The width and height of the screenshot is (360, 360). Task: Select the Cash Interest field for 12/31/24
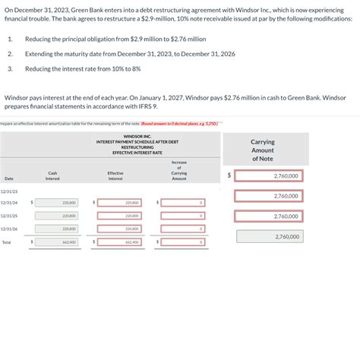58,203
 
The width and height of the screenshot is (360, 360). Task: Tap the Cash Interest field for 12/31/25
58,216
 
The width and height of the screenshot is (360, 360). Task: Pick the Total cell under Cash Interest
58,242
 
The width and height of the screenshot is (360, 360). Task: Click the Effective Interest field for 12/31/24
122,203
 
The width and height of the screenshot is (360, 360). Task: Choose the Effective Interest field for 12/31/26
122,229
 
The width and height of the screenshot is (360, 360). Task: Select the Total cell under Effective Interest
122,242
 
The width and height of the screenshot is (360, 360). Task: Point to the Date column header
9,178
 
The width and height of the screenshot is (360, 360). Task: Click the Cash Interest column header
52,175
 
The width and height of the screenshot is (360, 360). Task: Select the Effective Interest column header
115,175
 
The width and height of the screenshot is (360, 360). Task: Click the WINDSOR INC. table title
137,136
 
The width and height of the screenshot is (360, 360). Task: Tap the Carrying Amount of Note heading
263,150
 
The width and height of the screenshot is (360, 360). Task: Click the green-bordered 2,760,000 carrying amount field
270,236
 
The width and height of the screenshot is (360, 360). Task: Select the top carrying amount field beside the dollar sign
270,175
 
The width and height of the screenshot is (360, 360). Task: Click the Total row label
7,242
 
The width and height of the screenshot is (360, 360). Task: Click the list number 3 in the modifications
10,68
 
